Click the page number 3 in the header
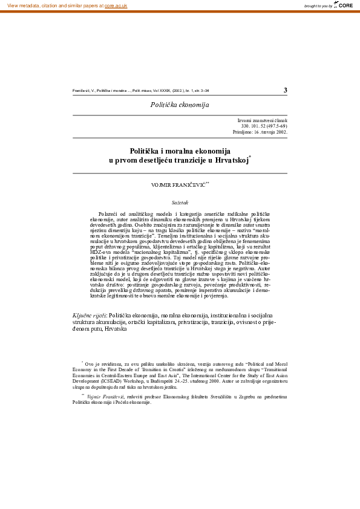coord(285,91)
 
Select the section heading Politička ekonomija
coord(180,105)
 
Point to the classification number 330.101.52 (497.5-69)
coord(264,125)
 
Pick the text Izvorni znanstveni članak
coord(263,120)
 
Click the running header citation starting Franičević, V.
coord(140,91)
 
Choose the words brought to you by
coord(318,5)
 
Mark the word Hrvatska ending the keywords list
coord(115,328)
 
